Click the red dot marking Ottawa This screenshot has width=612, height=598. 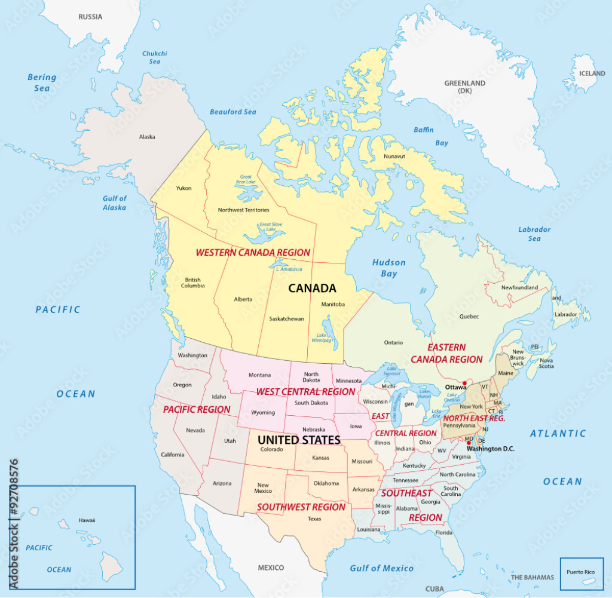click(464, 383)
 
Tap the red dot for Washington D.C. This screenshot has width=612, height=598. click(469, 443)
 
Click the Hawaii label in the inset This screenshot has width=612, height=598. click(87, 520)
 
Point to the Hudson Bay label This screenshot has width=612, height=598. click(388, 268)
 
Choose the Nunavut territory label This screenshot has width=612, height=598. click(394, 157)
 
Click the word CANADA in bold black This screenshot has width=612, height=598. click(312, 288)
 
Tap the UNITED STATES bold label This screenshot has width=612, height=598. click(299, 440)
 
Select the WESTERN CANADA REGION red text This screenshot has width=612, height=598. click(253, 252)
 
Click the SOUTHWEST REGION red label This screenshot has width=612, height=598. click(301, 507)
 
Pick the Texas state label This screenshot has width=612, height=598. click(314, 519)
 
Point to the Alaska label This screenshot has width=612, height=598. click(147, 137)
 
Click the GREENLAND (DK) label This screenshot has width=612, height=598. click(465, 87)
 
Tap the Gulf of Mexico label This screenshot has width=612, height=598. click(381, 568)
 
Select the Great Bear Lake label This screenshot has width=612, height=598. click(246, 180)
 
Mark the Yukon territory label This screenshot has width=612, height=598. click(183, 188)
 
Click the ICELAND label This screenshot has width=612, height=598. click(592, 73)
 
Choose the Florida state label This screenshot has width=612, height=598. click(443, 532)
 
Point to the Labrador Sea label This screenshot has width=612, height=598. click(534, 234)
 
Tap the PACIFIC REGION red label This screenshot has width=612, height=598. click(197, 409)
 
